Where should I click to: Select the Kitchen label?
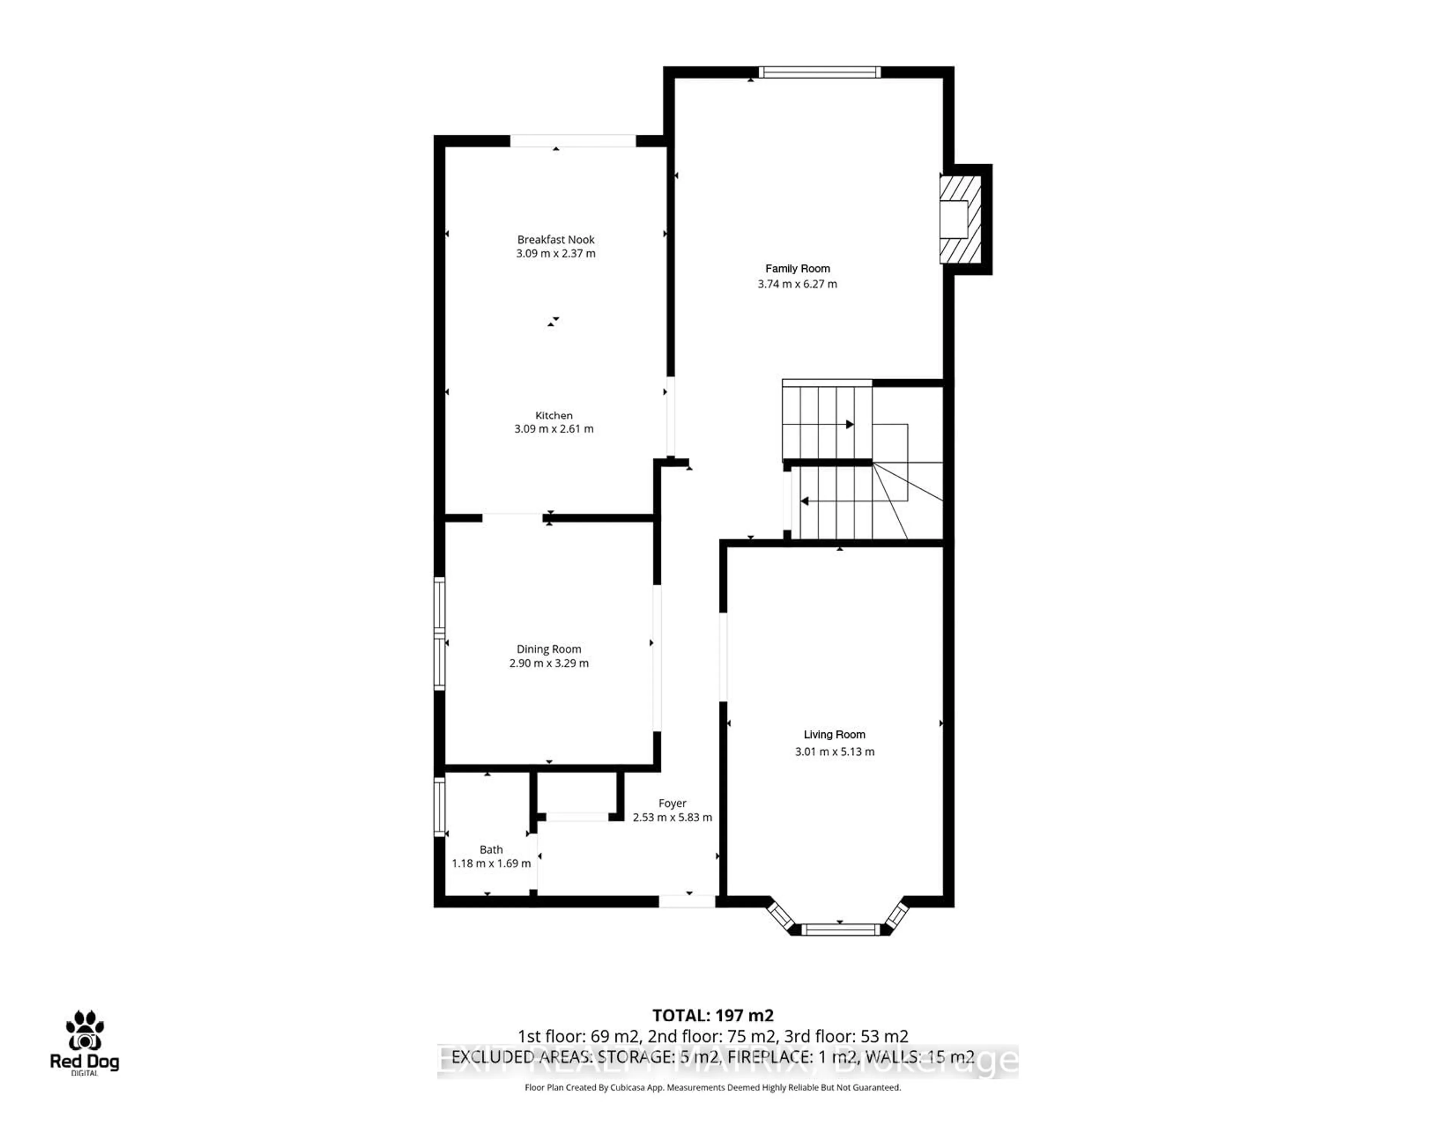click(x=554, y=415)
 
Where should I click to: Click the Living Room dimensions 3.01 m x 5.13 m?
click(x=834, y=752)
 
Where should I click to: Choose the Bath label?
click(x=491, y=849)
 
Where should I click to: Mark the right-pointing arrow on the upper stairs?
click(x=850, y=424)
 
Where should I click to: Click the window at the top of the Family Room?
click(x=819, y=72)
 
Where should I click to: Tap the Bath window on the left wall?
click(x=439, y=807)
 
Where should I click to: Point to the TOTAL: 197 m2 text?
click(x=712, y=1015)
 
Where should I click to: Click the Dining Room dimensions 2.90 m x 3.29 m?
click(x=549, y=663)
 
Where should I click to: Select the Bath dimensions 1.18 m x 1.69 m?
click(x=491, y=863)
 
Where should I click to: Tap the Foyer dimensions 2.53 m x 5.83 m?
click(x=672, y=818)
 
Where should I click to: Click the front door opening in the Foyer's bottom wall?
click(x=687, y=901)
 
